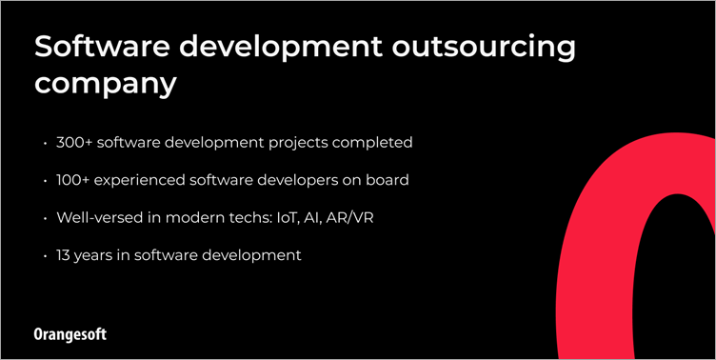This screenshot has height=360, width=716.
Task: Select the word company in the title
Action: (106, 83)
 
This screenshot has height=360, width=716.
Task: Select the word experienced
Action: (148, 180)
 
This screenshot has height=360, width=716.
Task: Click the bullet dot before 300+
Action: (45, 144)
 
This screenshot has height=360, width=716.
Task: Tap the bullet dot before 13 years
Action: (45, 256)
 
